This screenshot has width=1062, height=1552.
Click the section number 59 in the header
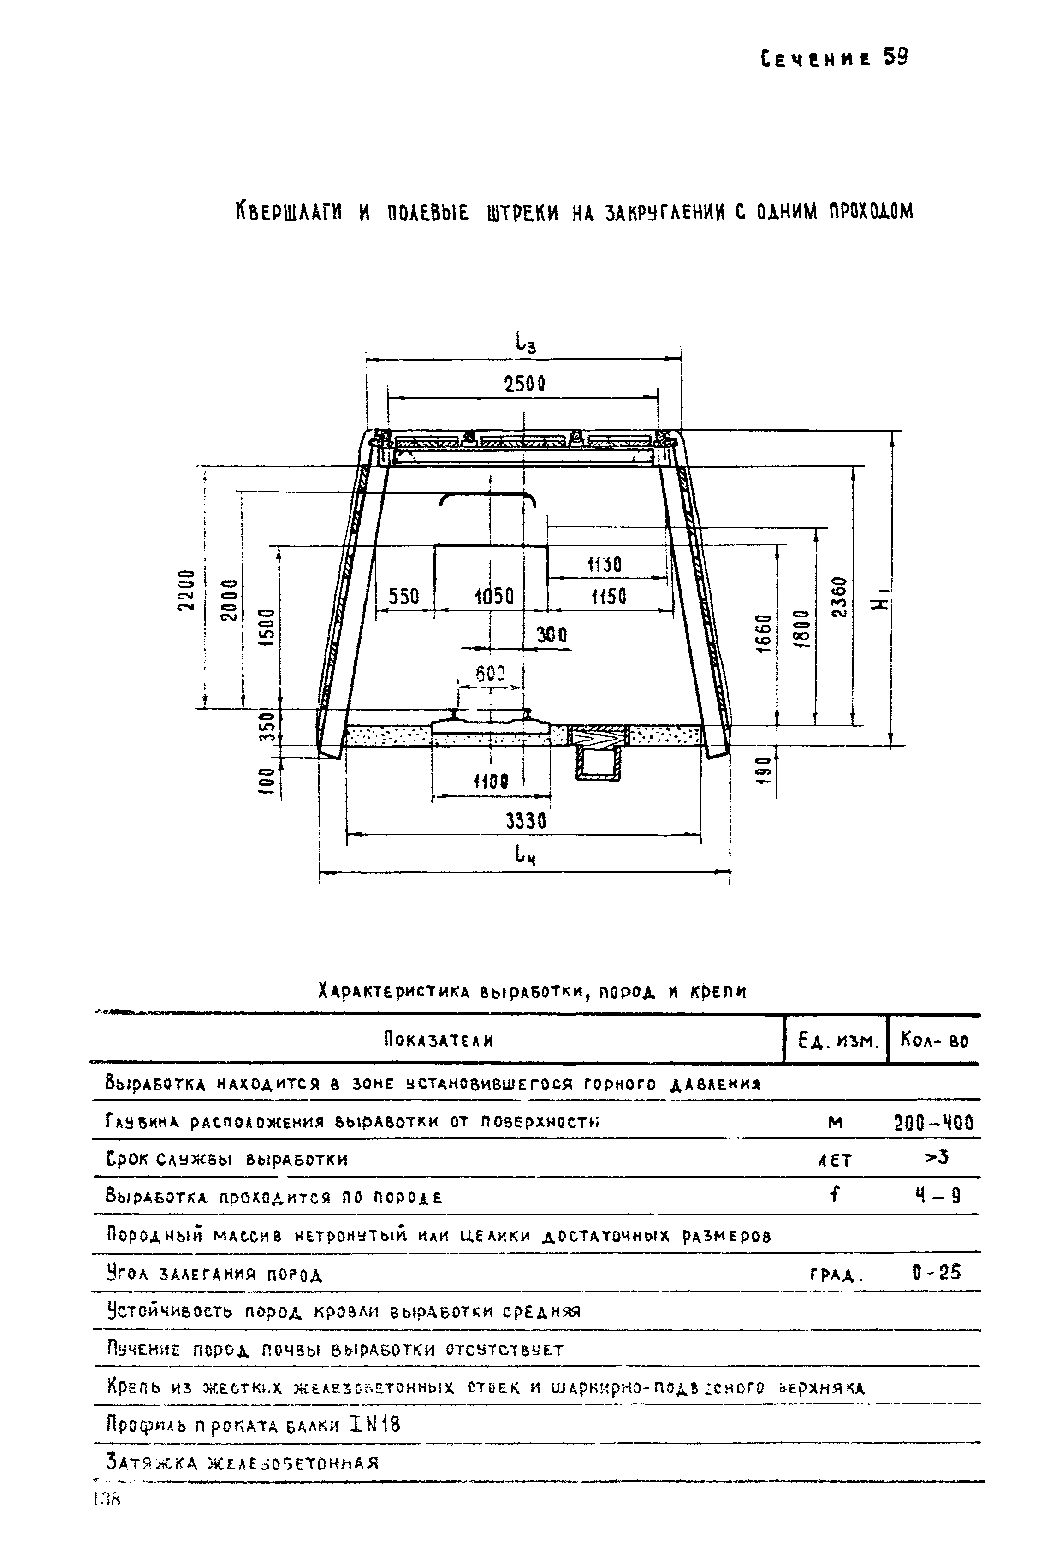(896, 58)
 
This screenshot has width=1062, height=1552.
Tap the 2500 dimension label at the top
(524, 384)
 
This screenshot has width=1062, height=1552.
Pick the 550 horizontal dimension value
(403, 596)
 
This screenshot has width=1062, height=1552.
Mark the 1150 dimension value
(608, 596)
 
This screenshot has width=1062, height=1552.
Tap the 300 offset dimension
(552, 635)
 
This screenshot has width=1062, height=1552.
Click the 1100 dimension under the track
(491, 782)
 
